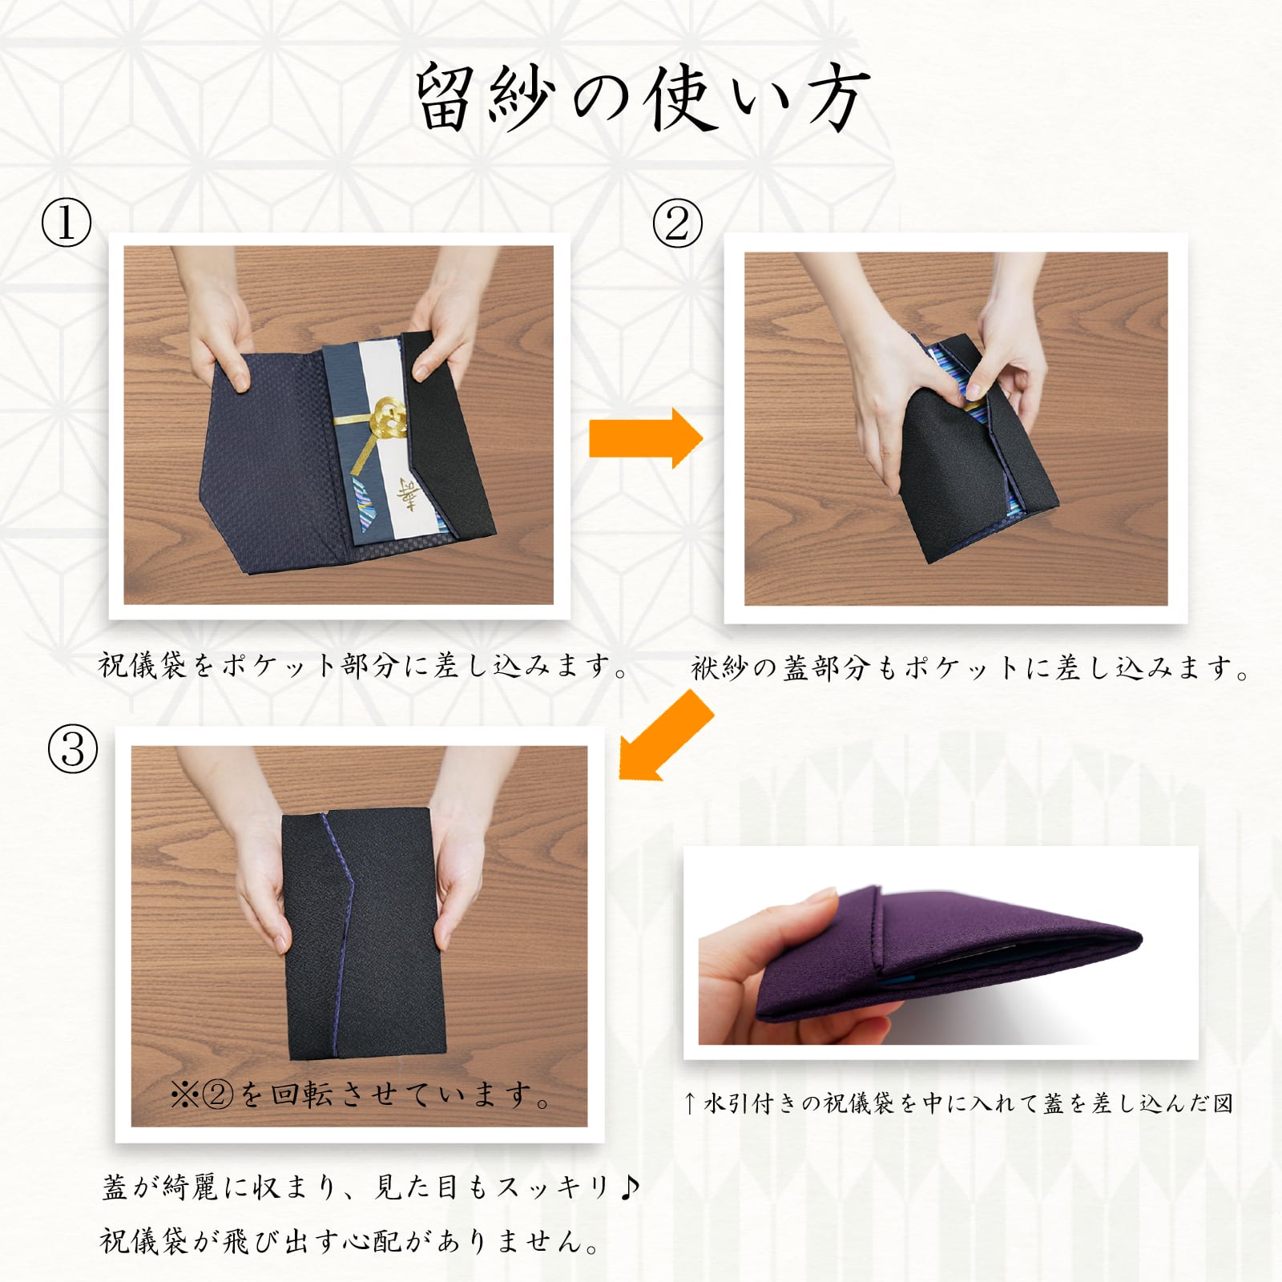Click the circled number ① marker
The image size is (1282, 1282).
pyautogui.click(x=67, y=223)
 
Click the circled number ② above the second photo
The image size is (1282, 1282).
pyautogui.click(x=677, y=223)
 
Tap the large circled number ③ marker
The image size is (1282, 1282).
pyautogui.click(x=73, y=749)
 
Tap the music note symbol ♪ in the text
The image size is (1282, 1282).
pyautogui.click(x=630, y=1186)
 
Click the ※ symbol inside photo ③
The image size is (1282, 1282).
pyautogui.click(x=184, y=1095)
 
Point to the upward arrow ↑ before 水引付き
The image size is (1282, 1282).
pyautogui.click(x=689, y=1104)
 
